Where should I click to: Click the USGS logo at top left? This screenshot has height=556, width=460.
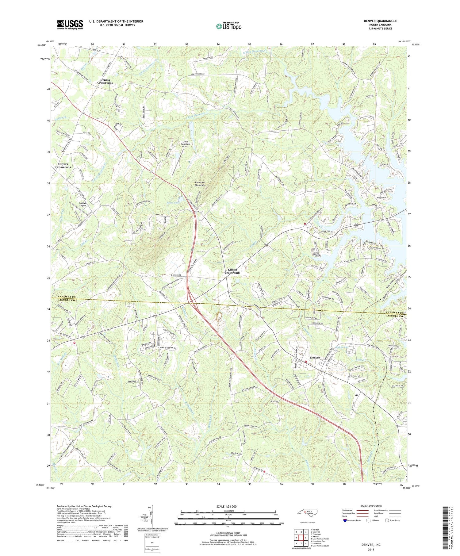[70, 25]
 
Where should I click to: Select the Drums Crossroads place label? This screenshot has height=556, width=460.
[105, 81]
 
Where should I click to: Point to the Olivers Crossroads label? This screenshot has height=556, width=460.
[63, 166]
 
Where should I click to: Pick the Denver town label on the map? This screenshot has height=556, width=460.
[315, 358]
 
